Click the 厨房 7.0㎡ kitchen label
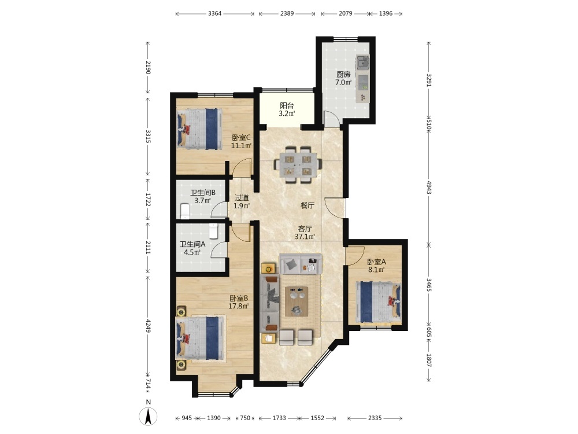[x=343, y=78]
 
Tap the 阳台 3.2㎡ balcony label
[x=287, y=109]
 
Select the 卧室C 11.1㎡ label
[x=241, y=141]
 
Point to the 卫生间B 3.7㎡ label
[x=203, y=197]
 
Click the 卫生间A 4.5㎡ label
[x=192, y=248]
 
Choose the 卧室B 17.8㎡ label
[x=239, y=302]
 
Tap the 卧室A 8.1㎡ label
[x=376, y=266]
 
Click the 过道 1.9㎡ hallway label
[x=242, y=202]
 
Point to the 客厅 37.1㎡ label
[x=305, y=233]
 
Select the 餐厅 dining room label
[x=307, y=205]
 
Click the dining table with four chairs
[x=298, y=164]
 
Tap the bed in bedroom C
[x=199, y=129]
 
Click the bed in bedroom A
[x=379, y=302]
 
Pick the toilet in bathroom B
[x=185, y=211]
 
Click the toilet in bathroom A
[x=214, y=231]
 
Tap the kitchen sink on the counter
[x=363, y=62]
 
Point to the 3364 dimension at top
[x=215, y=14]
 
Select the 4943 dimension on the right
[x=429, y=187]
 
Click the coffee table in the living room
[x=297, y=301]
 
